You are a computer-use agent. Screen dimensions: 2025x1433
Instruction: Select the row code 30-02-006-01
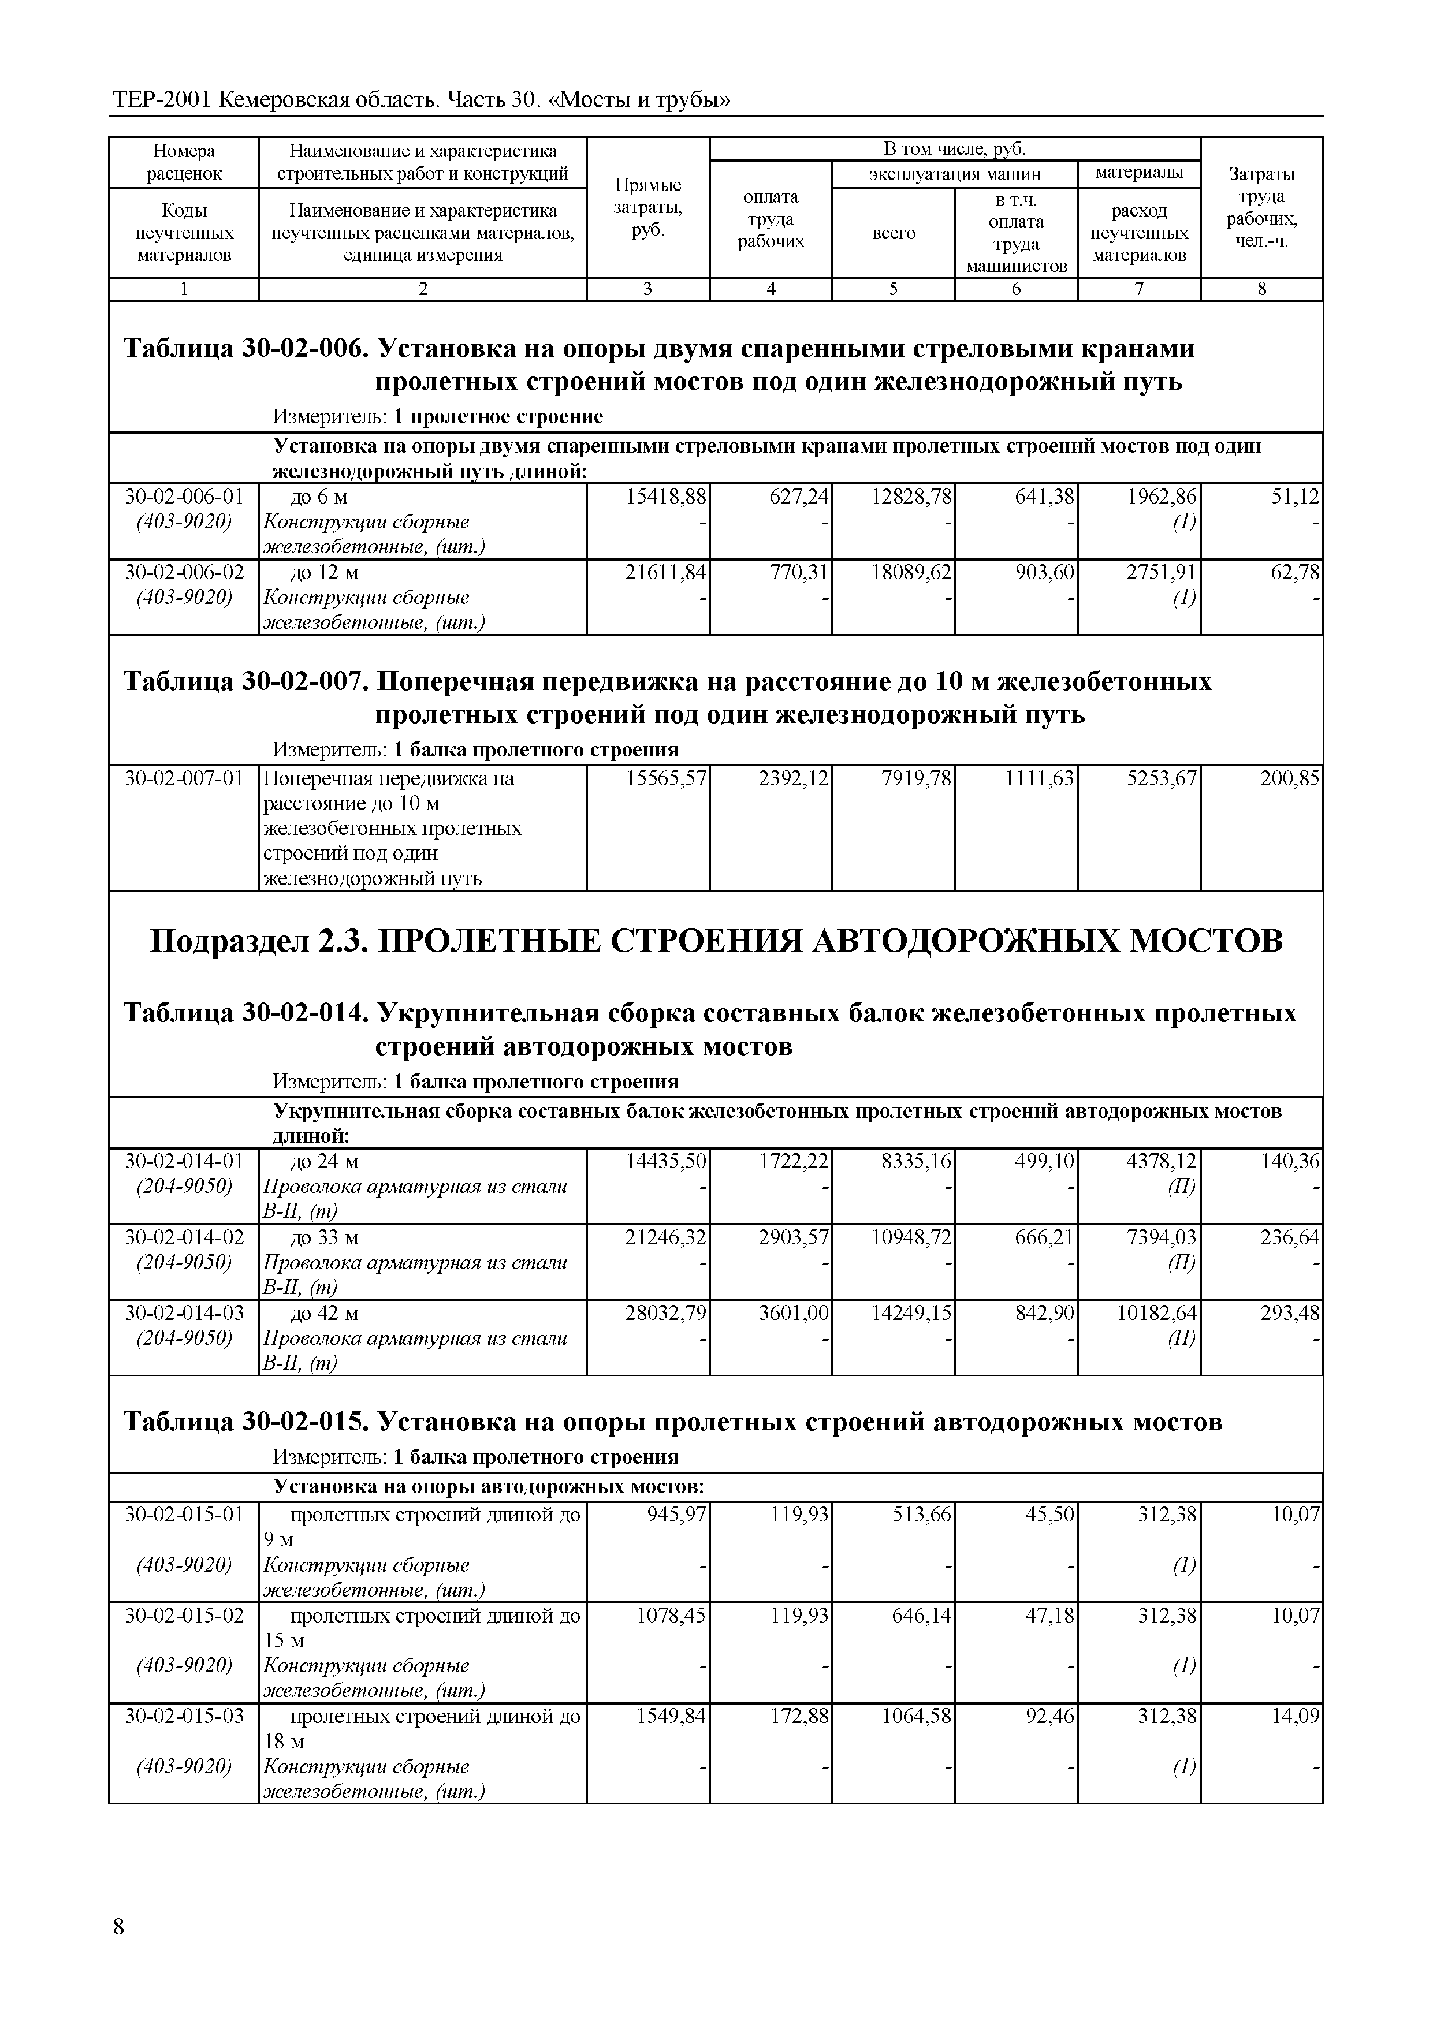point(184,497)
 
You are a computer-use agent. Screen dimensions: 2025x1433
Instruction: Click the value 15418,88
point(665,497)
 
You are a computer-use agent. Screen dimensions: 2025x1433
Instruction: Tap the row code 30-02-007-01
point(184,779)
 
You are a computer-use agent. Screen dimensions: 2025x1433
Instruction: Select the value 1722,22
point(794,1162)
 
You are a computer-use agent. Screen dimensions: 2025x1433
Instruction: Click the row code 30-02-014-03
point(184,1313)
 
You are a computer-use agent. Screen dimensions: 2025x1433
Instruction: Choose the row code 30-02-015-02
point(184,1616)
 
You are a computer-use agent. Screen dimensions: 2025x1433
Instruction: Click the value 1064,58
point(917,1716)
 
